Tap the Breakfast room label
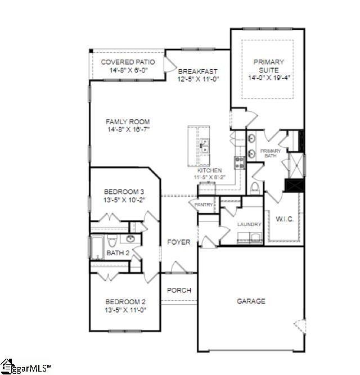(x=197, y=72)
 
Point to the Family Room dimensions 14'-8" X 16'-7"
(x=128, y=129)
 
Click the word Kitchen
(x=210, y=170)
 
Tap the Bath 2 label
(x=118, y=253)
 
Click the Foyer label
(x=178, y=242)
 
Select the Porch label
(x=179, y=291)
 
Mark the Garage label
(x=250, y=301)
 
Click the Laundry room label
(x=249, y=224)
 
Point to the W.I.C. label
(x=283, y=220)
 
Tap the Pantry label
(x=204, y=205)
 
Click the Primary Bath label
(x=271, y=153)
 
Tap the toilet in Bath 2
(x=112, y=241)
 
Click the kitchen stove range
(x=238, y=162)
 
